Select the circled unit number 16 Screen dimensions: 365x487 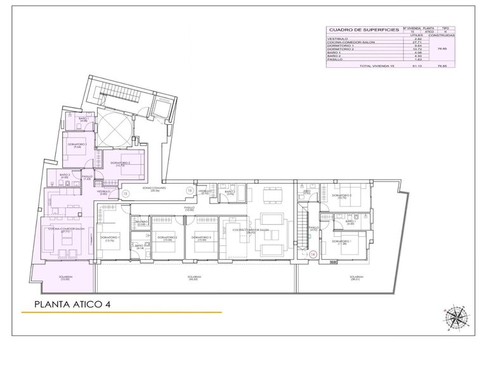tap(189, 190)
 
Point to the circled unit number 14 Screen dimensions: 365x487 tap(313, 254)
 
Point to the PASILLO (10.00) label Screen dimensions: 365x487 tap(189, 208)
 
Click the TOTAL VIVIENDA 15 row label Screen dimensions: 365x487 tap(377, 66)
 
